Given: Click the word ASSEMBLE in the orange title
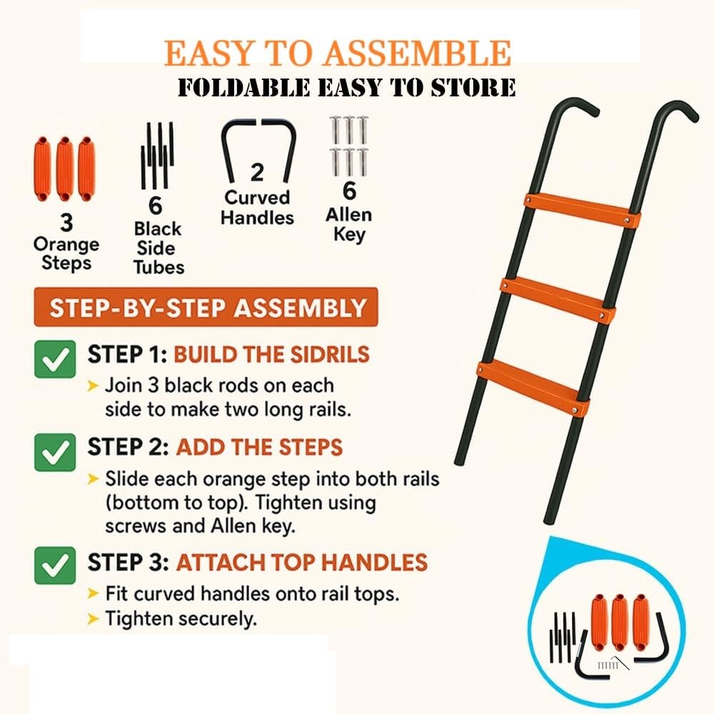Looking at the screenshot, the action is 417,54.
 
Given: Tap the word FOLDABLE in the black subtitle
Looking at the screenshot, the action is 243,87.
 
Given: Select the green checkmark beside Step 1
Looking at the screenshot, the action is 55,359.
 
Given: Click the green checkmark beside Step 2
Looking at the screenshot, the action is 55,452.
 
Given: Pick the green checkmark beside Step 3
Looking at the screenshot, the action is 55,565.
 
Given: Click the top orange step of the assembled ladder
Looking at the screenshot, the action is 581,211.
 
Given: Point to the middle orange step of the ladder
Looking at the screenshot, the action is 558,301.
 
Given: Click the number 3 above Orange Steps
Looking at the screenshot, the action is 66,223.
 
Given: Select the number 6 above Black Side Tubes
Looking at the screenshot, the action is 155,206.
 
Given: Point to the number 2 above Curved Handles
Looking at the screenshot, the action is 257,173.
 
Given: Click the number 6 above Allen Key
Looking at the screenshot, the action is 349,191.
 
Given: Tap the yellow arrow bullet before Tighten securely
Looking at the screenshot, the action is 93,619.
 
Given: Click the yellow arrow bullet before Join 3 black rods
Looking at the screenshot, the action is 93,386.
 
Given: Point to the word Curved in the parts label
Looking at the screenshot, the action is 257,197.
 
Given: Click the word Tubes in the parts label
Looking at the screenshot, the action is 159,267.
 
